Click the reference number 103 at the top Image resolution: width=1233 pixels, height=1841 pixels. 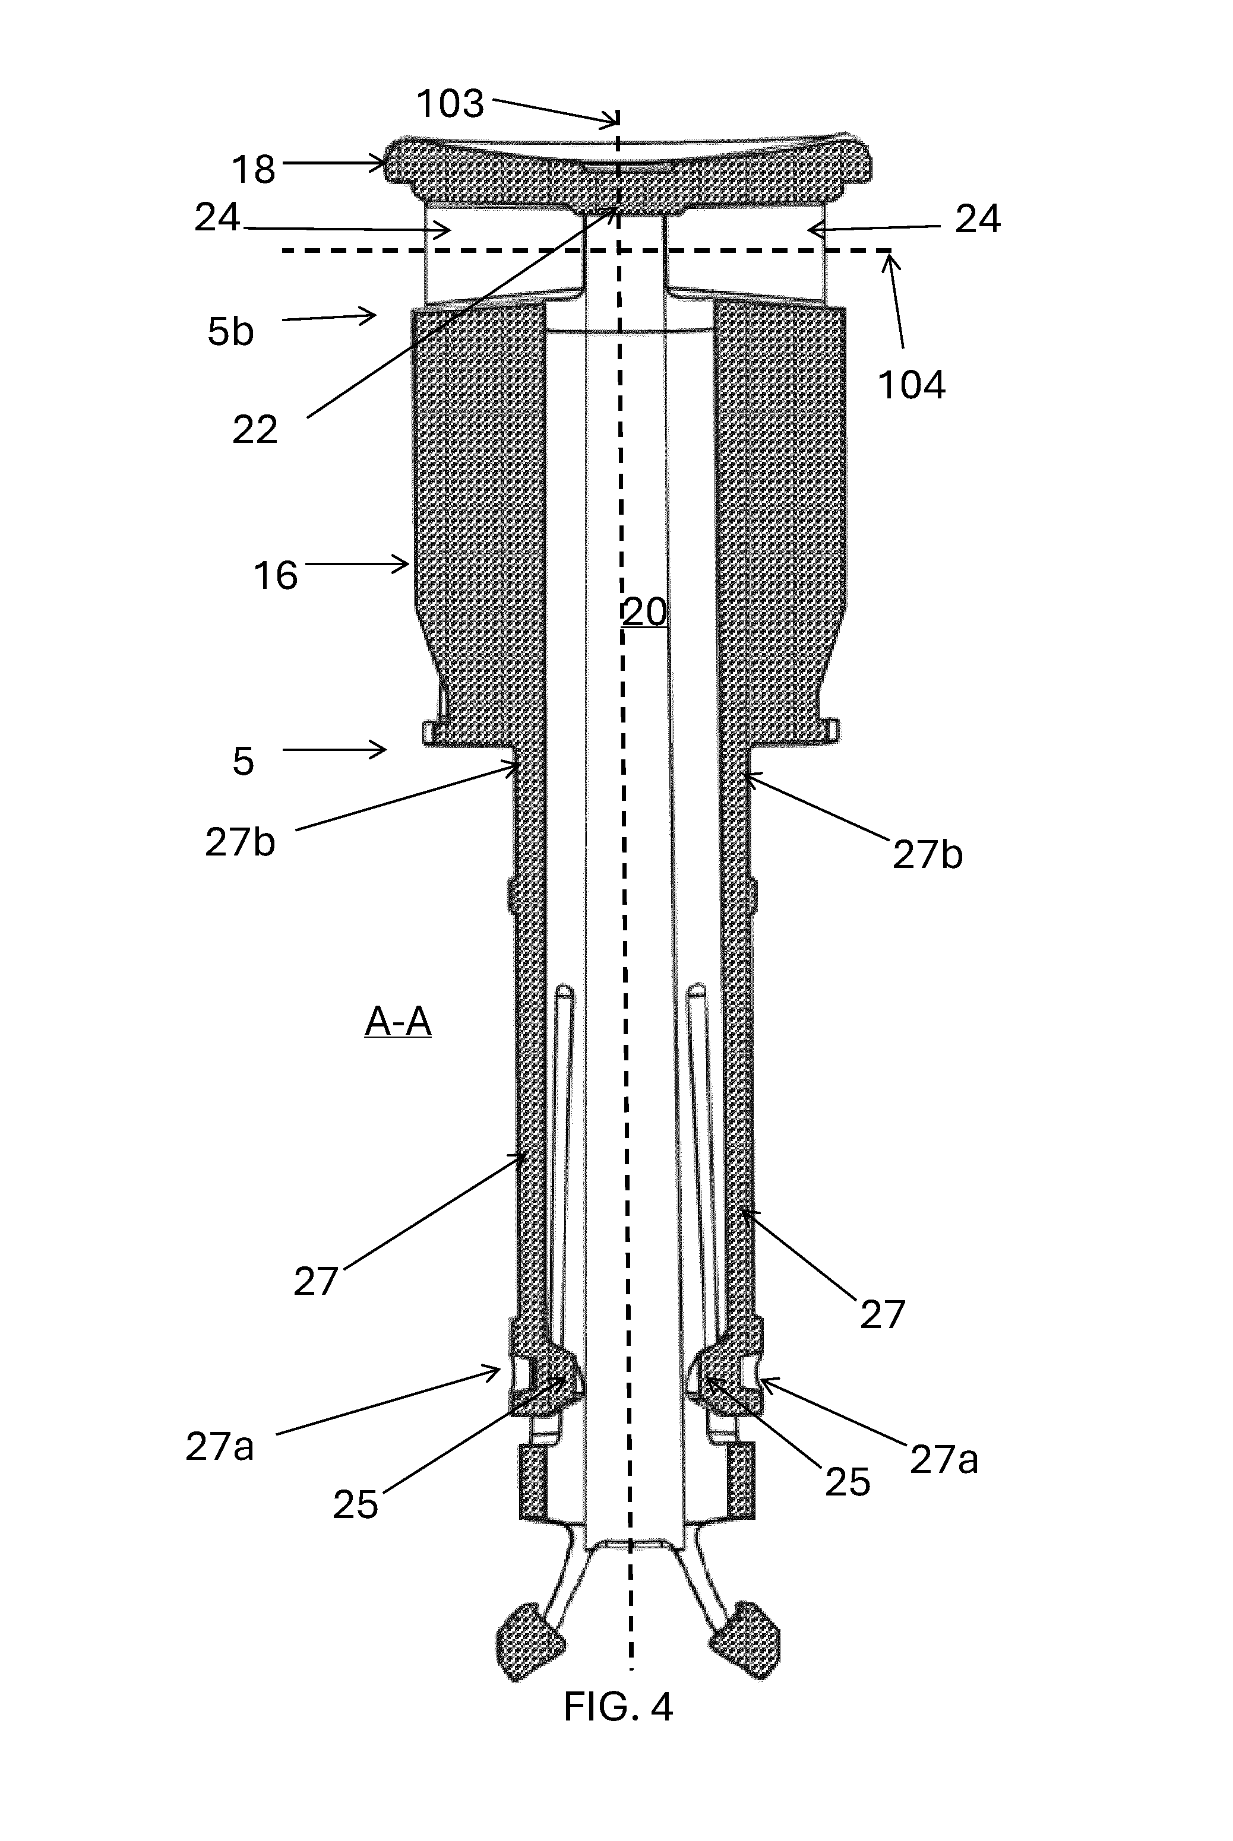coord(450,104)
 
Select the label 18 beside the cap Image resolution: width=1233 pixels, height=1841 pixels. coord(253,169)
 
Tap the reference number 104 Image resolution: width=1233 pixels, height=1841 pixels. coord(911,385)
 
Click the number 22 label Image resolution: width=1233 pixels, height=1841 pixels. coord(255,429)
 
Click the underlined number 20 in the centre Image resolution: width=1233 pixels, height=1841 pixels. coord(645,611)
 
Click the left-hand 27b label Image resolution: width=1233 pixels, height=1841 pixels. coord(240,842)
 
